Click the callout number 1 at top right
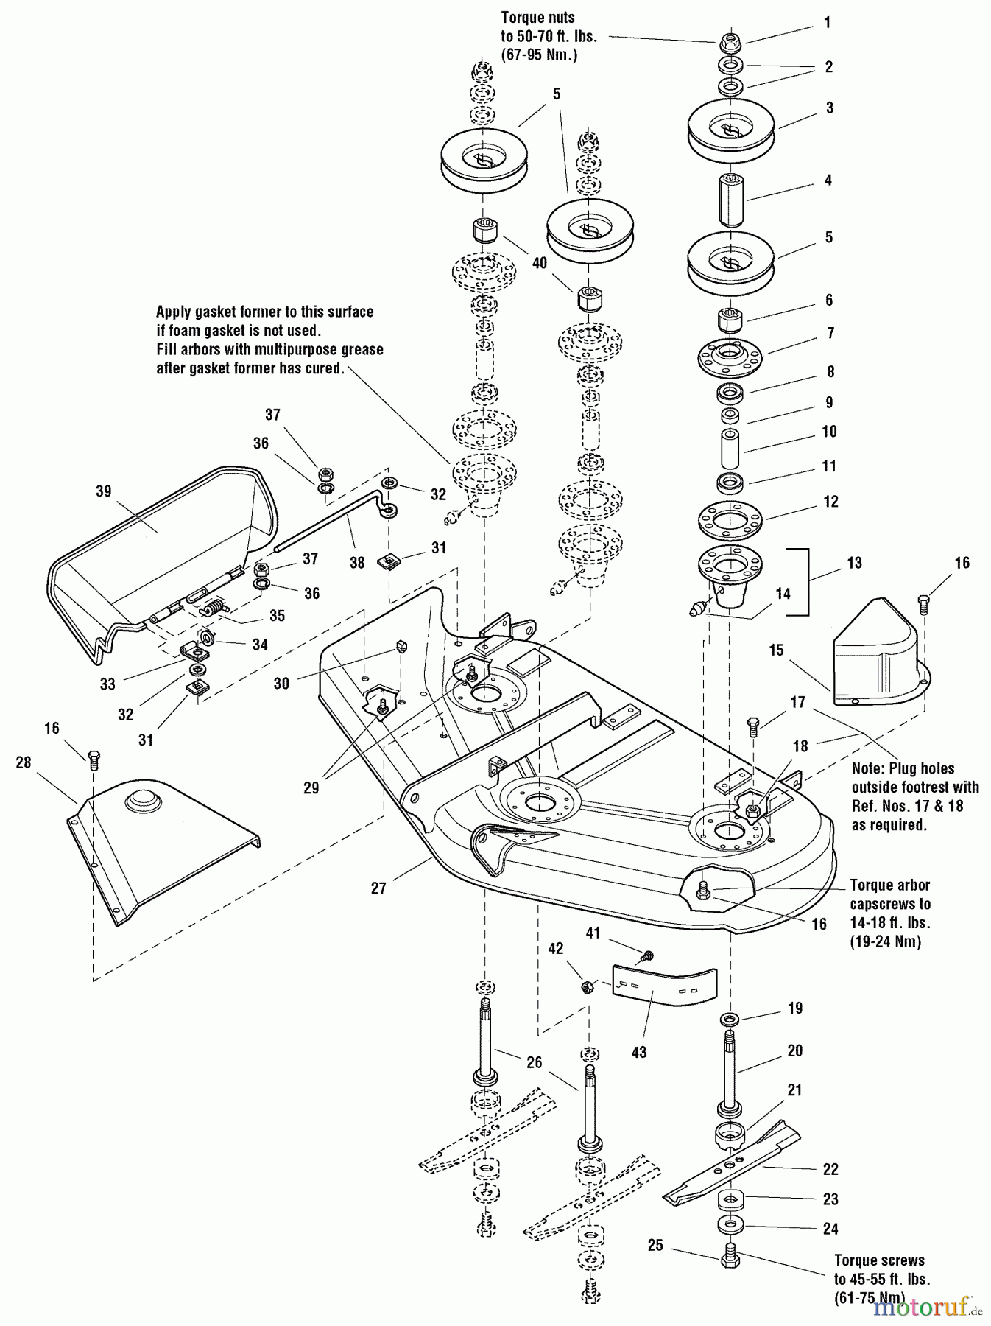point(827,23)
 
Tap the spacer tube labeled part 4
point(730,200)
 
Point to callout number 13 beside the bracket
point(854,563)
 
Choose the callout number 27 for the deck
point(378,888)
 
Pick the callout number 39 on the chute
point(104,491)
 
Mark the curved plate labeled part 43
point(663,983)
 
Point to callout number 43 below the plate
point(639,1053)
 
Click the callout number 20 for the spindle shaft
point(795,1051)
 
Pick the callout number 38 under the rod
point(357,563)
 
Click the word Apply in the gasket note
point(175,312)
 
